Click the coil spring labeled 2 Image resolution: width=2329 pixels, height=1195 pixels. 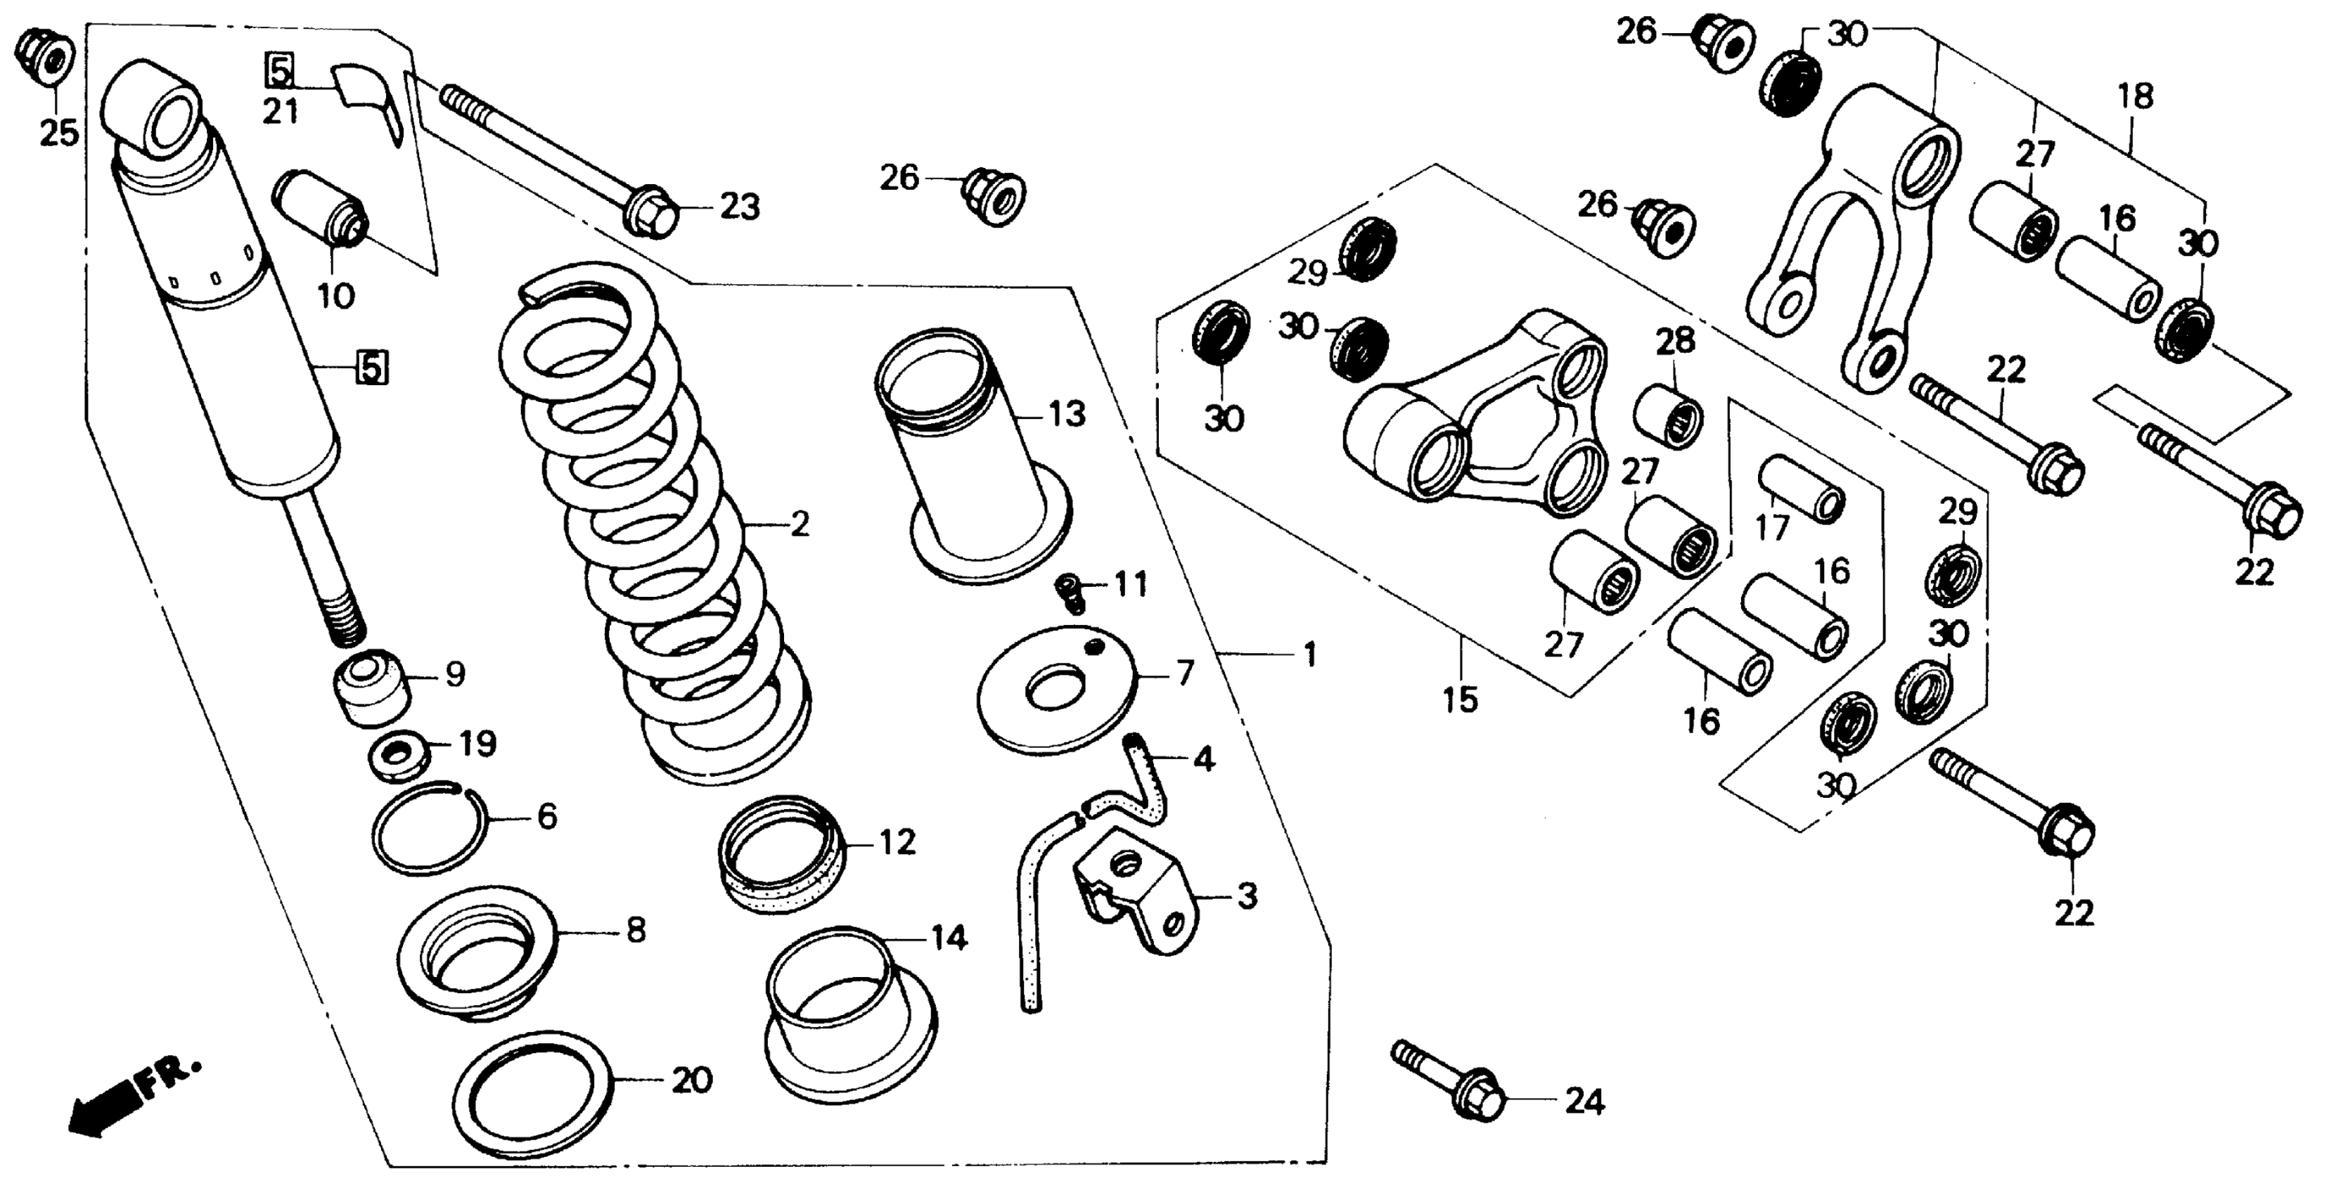[x=655, y=524]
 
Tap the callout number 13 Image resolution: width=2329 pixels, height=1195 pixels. [x=1067, y=414]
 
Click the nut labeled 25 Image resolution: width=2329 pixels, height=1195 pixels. [x=45, y=53]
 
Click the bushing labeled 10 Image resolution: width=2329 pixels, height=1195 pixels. [x=321, y=208]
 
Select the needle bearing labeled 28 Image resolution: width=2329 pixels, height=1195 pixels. [x=1668, y=416]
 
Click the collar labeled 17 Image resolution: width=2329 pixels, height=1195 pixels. [x=1800, y=488]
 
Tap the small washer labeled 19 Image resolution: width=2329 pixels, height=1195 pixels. [x=396, y=755]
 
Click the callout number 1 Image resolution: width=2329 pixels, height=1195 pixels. [x=1310, y=654]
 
